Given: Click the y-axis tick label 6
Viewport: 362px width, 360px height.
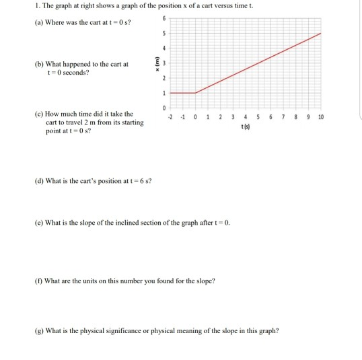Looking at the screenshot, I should (x=161, y=18).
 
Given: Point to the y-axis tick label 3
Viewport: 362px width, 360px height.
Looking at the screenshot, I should (x=161, y=63).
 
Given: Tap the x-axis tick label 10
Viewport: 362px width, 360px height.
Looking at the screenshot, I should (x=321, y=117).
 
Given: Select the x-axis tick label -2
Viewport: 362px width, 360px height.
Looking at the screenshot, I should (x=171, y=117).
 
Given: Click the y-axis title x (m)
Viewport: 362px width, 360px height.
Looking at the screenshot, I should (x=157, y=63).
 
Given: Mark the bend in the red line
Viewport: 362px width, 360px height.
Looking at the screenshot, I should (x=196, y=92).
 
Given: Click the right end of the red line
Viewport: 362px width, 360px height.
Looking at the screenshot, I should (x=321, y=33).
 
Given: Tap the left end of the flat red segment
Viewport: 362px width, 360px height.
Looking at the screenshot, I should (x=171, y=92).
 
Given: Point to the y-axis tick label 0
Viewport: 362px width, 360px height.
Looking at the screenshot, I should (x=161, y=107).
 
